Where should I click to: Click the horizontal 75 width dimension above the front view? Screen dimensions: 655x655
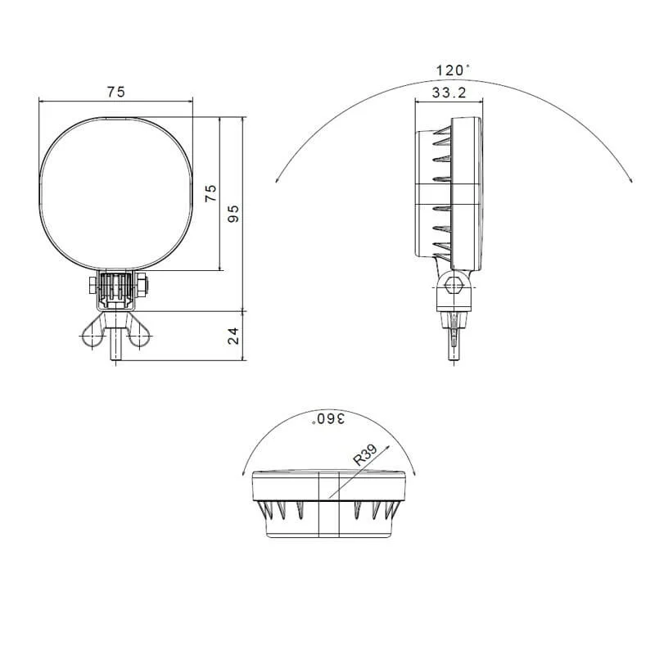click(x=115, y=93)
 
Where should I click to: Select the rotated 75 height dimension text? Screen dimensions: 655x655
click(x=211, y=193)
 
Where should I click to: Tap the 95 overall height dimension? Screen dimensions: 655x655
click(x=233, y=214)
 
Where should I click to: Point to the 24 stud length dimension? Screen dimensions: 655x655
click(x=233, y=336)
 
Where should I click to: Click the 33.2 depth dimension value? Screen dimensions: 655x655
click(x=449, y=93)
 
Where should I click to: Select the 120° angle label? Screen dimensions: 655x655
click(x=454, y=70)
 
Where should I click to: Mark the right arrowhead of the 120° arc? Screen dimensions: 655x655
click(x=630, y=178)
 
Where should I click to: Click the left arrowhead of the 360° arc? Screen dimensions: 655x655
click(x=244, y=472)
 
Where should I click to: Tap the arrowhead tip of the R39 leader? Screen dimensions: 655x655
click(x=386, y=437)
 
